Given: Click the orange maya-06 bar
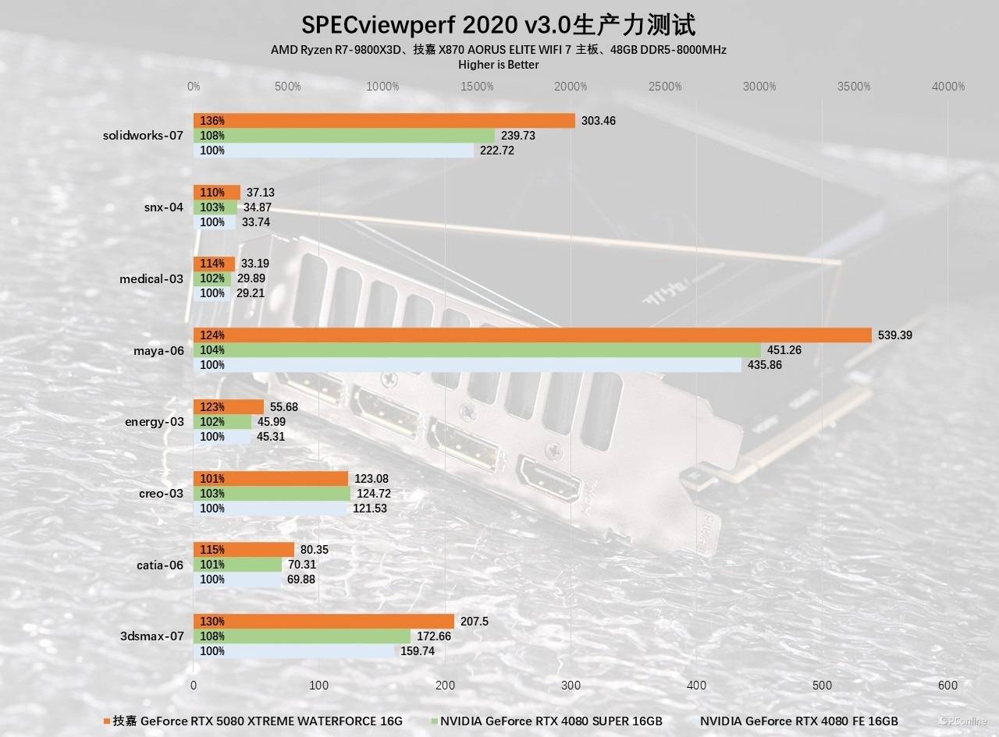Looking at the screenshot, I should (x=532, y=335).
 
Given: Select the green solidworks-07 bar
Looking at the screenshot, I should (x=344, y=136).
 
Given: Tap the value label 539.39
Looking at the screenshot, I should (x=894, y=335).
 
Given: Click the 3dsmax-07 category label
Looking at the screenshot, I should (x=152, y=636).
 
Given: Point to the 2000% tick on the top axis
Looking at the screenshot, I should (x=571, y=87).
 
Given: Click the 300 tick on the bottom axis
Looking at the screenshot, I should (x=571, y=685).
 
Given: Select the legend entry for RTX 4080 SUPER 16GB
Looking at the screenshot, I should (x=551, y=721).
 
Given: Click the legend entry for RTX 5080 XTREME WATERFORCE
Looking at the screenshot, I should (x=258, y=721).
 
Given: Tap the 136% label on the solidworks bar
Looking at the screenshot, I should (x=212, y=121).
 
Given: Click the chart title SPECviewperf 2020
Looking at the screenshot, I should (x=499, y=25).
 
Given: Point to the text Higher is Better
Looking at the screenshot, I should (x=499, y=65).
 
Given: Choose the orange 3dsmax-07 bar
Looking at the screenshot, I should (x=324, y=622).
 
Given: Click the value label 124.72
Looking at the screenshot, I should (x=372, y=494).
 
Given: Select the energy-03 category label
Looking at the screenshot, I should (x=155, y=422).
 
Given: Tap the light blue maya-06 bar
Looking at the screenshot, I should (x=468, y=365).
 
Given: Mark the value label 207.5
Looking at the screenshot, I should (x=475, y=622).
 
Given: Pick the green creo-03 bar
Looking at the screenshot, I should (x=272, y=494).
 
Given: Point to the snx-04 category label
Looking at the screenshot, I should (x=163, y=207).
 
